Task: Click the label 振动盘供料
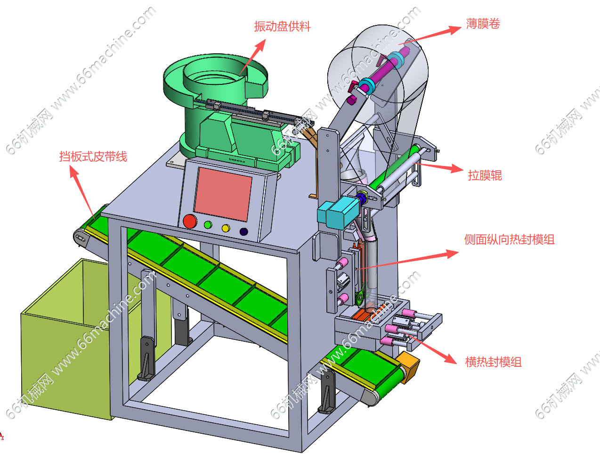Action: [283, 26]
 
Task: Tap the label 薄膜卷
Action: [483, 24]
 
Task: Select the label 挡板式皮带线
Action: [93, 157]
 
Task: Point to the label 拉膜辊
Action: [485, 175]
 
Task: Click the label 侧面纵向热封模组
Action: [510, 239]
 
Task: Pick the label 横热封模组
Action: [494, 362]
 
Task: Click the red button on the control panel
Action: [190, 221]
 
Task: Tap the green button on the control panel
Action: [208, 225]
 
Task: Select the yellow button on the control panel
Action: [226, 228]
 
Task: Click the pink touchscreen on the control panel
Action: [223, 194]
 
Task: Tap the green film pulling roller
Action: [393, 168]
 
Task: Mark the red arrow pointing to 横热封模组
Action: [429, 347]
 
